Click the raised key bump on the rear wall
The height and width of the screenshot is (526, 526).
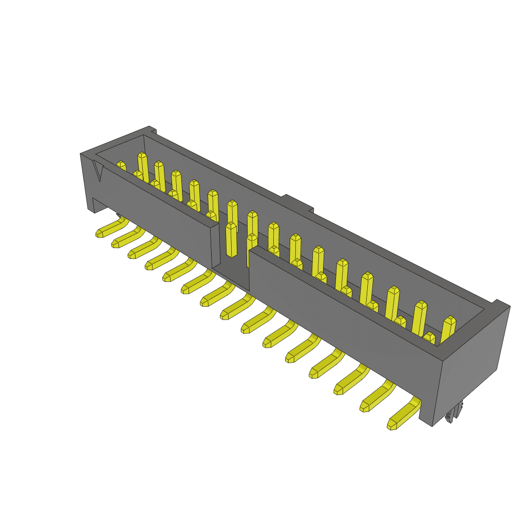[x=297, y=203]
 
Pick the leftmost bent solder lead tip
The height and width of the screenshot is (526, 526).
[x=101, y=233]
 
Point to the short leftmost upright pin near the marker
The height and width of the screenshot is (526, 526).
[x=121, y=166]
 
